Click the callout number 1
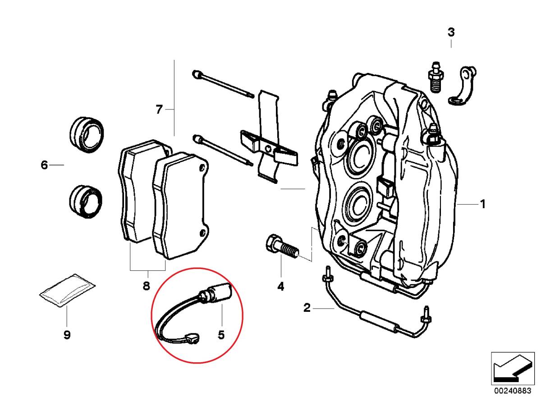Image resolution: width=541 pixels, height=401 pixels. [x=482, y=205]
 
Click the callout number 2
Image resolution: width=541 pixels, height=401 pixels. [x=307, y=309]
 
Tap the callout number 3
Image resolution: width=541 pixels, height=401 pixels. [x=451, y=32]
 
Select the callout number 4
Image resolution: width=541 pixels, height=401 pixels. [x=280, y=286]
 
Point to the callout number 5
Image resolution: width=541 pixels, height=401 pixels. [x=221, y=335]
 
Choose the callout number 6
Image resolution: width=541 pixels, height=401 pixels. [x=44, y=165]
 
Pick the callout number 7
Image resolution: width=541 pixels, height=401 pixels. [x=159, y=109]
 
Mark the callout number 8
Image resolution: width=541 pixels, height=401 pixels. [x=146, y=286]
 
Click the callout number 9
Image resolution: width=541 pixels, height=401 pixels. [x=67, y=335]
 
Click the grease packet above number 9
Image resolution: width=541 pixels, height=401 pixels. [x=67, y=292]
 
